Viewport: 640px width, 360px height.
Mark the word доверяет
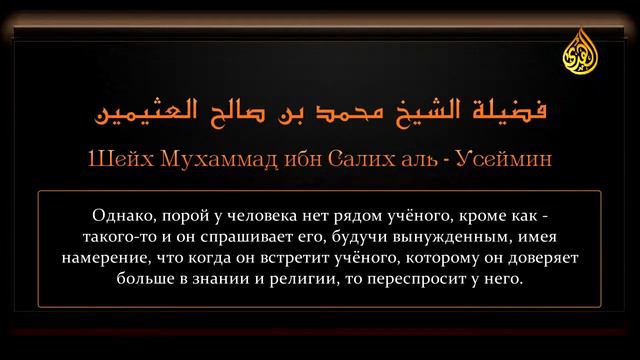(x=529, y=258)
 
